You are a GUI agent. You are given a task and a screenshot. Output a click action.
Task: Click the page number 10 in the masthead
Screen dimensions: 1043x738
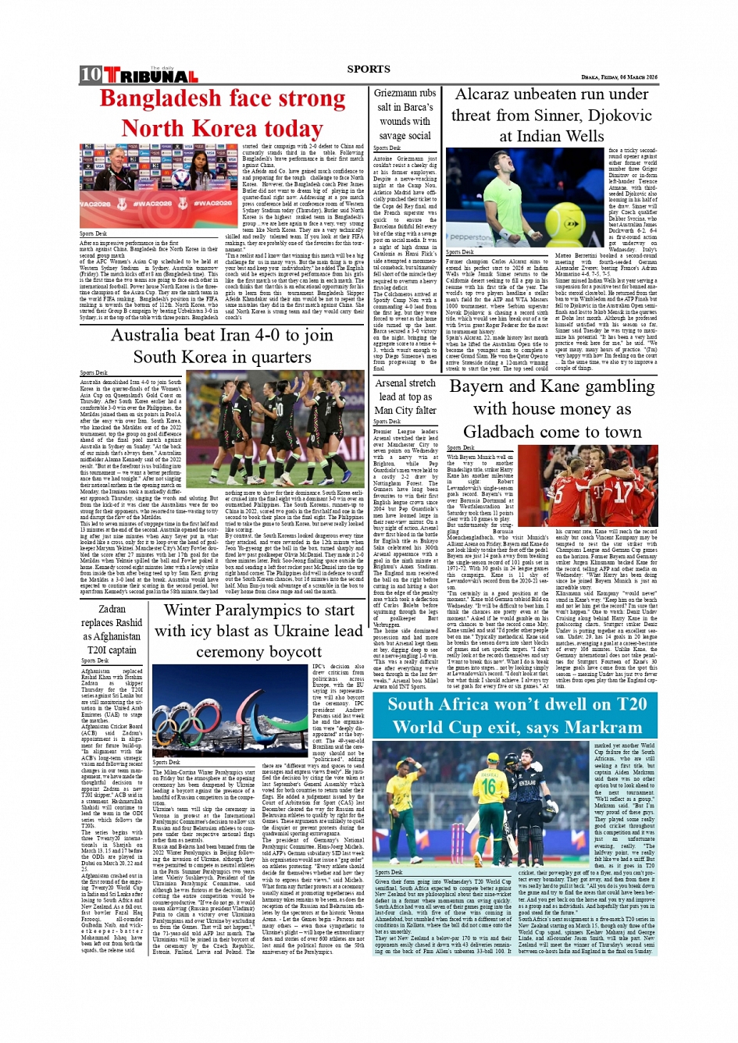pyautogui.click(x=91, y=74)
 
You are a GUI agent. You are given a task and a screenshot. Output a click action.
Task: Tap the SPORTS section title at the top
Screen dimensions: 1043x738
pyautogui.click(x=369, y=69)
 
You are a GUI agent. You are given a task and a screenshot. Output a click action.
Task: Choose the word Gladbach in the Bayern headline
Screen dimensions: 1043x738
pyautogui.click(x=508, y=432)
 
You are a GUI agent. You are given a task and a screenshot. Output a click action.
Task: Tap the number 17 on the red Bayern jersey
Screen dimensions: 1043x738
pyautogui.click(x=622, y=491)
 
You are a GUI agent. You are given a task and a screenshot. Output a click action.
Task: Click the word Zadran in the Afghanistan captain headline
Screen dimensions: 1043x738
pyautogui.click(x=112, y=609)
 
